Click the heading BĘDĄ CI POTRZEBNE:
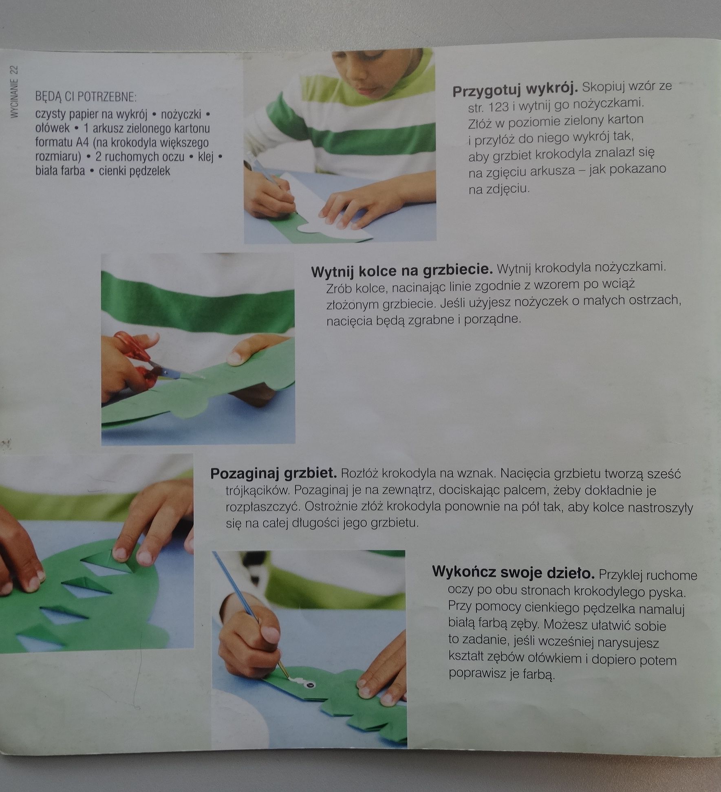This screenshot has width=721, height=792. point(86,97)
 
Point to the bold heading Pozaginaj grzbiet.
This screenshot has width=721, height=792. point(273,474)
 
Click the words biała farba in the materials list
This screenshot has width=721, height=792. point(60,171)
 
